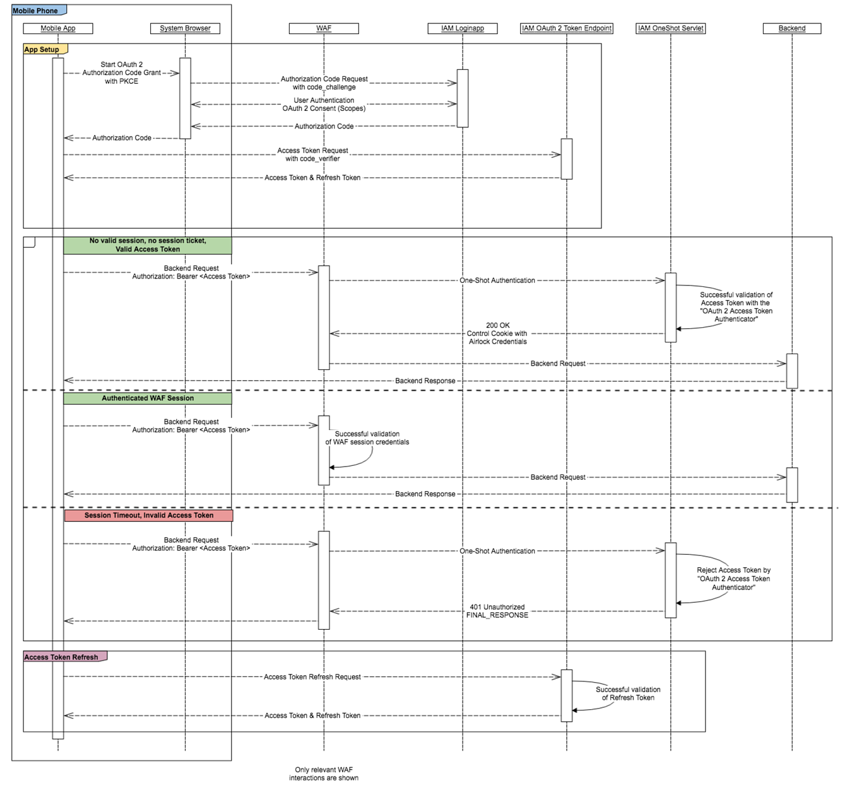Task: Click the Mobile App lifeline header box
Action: [58, 28]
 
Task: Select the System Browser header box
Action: [185, 28]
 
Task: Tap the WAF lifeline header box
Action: [324, 28]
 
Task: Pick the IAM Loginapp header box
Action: [463, 28]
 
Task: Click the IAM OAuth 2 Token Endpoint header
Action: [567, 28]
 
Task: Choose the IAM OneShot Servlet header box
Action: [671, 28]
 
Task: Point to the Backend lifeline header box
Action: [792, 28]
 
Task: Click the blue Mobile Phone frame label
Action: [37, 11]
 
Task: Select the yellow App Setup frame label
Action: [43, 49]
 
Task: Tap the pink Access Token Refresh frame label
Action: [62, 657]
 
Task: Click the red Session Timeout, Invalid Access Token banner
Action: [149, 516]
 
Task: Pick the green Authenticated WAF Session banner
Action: [148, 398]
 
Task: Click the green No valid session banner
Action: [148, 245]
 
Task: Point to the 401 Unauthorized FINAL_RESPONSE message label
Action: [497, 611]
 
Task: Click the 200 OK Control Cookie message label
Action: [497, 333]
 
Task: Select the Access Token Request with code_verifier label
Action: [312, 154]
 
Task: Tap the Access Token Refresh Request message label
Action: [312, 677]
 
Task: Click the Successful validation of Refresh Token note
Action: [628, 693]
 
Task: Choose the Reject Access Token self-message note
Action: [733, 579]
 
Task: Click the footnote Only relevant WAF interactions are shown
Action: [324, 773]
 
